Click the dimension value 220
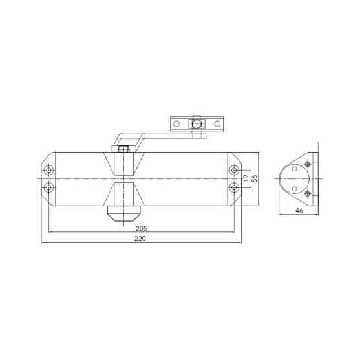140,239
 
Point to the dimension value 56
255,179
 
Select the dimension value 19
246,179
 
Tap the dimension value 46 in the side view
299,211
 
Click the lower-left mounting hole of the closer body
49,187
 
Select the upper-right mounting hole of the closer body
233,171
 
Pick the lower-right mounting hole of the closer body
233,187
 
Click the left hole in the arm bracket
176,123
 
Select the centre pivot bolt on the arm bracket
197,123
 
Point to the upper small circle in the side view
295,168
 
